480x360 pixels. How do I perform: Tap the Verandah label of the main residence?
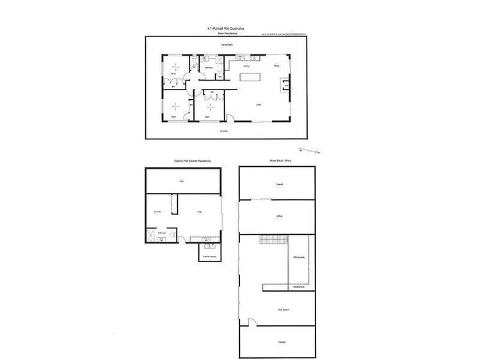click(227, 45)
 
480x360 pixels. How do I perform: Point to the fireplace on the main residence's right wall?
click(287, 84)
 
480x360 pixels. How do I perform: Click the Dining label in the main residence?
click(276, 65)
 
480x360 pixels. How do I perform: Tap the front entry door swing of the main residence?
click(230, 116)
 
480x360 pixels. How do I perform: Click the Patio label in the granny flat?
click(182, 181)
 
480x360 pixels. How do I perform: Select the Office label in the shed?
click(279, 217)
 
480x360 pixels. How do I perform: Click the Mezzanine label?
click(298, 257)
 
